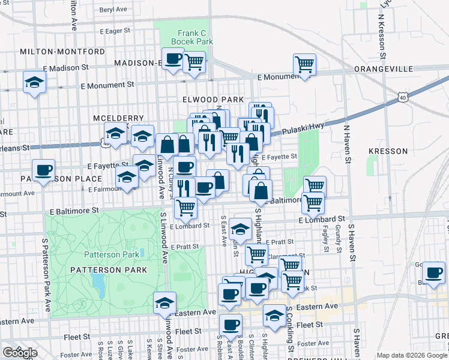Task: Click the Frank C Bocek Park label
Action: [x=191, y=37]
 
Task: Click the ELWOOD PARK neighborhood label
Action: [x=214, y=99]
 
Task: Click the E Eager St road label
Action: [x=115, y=30]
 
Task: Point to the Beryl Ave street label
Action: [x=113, y=10]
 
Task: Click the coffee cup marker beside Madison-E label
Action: [x=173, y=58]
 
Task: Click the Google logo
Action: [x=20, y=353]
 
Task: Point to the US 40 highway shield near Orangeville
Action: [x=401, y=96]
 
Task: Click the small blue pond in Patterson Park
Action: [x=98, y=281]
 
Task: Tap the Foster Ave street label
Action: [x=313, y=344]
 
